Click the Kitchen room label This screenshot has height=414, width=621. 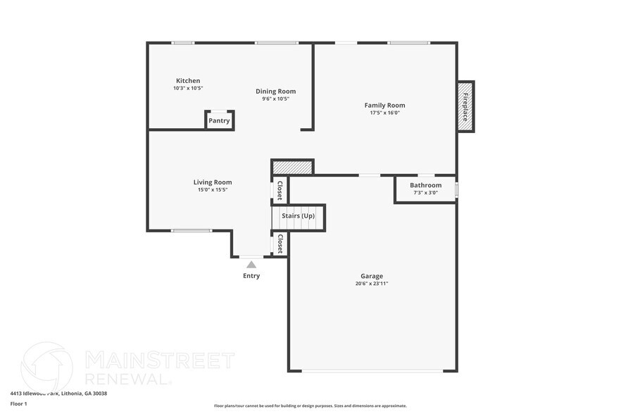pos(188,81)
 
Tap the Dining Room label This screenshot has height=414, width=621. pos(275,91)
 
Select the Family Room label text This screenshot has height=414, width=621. pos(384,105)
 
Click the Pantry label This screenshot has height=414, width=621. pos(219,120)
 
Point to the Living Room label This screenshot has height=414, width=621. pos(213,182)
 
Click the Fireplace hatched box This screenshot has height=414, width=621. pos(465,106)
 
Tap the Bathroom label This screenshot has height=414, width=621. pos(425,185)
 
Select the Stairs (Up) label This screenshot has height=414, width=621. pos(298,215)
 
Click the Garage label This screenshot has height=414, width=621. pos(372,276)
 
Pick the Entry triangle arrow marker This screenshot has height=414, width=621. pos(251,264)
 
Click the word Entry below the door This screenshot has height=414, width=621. pos(251,276)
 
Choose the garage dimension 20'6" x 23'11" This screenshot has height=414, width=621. pos(372,284)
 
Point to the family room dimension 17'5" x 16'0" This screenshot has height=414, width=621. pos(384,113)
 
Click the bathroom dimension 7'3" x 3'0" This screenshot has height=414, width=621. pos(425,192)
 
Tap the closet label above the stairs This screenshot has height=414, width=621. pos(280,190)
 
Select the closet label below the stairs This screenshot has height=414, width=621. pos(280,244)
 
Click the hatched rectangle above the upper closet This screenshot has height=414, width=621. pos(292,167)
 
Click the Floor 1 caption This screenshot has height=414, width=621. pos(18,403)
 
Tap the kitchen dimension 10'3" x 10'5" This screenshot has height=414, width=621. pos(188,88)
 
